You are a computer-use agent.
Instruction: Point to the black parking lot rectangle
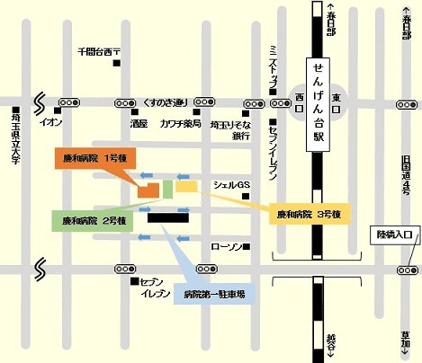tap(168, 217)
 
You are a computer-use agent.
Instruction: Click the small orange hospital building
tap(148, 190)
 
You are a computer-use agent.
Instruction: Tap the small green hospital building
tap(167, 189)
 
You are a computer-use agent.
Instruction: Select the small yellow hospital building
tap(186, 187)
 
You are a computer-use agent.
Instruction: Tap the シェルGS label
tap(230, 185)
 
